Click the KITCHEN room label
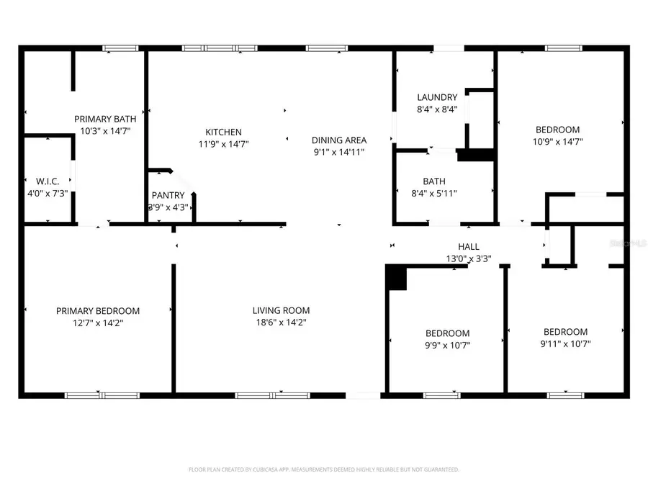(223, 132)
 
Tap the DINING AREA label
(339, 140)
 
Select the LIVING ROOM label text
(281, 310)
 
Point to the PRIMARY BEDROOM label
(98, 310)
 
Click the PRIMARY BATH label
(104, 119)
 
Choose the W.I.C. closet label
(47, 181)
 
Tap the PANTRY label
(168, 195)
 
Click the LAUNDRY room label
(437, 97)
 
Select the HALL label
(469, 246)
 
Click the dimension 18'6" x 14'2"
(281, 323)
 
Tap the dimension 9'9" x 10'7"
(447, 345)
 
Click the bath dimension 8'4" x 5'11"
(433, 193)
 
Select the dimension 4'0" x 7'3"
(47, 193)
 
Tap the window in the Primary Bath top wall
(120, 48)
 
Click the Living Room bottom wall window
(273, 395)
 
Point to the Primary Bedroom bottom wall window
(102, 395)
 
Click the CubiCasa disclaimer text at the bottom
(323, 469)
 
